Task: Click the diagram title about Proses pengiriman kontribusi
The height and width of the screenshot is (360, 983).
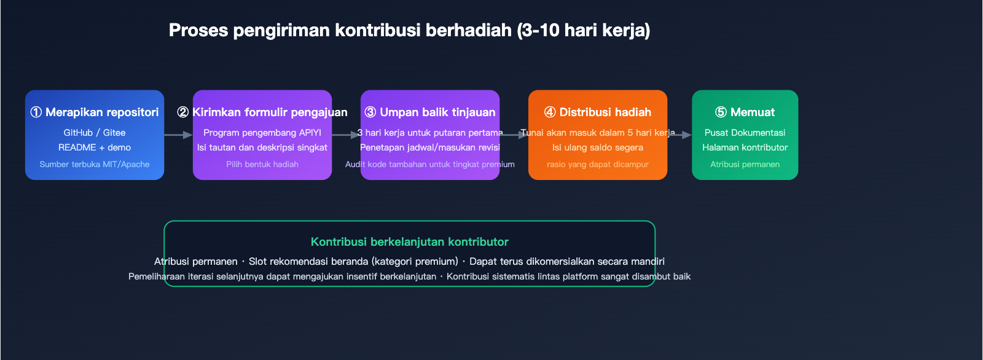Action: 409,30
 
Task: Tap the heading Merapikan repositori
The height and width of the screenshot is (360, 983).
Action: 102,112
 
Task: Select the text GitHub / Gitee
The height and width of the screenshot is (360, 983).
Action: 95,133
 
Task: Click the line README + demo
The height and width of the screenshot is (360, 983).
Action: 95,147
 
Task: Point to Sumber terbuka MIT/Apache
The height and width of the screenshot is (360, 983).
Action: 95,164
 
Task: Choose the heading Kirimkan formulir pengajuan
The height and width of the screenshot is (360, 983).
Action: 270,112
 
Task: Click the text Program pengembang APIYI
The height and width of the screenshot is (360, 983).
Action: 262,133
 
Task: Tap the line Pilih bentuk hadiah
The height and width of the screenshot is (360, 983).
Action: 262,164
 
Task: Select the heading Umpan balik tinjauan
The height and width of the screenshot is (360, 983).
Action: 437,112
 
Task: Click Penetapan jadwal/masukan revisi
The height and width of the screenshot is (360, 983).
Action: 430,147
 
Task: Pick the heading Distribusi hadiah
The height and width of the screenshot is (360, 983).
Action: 605,112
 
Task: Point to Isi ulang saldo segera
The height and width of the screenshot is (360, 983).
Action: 598,147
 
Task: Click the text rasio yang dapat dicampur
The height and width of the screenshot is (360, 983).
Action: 598,164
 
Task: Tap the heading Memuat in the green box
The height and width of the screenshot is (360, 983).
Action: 753,112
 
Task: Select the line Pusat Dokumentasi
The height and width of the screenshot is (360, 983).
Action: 745,133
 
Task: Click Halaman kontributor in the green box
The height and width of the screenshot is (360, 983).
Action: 745,147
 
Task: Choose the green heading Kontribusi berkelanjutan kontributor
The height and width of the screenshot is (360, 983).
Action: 409,242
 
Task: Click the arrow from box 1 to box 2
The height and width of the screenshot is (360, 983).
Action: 178,135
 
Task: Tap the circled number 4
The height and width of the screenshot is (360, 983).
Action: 550,112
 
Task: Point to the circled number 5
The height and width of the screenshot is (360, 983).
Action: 721,112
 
